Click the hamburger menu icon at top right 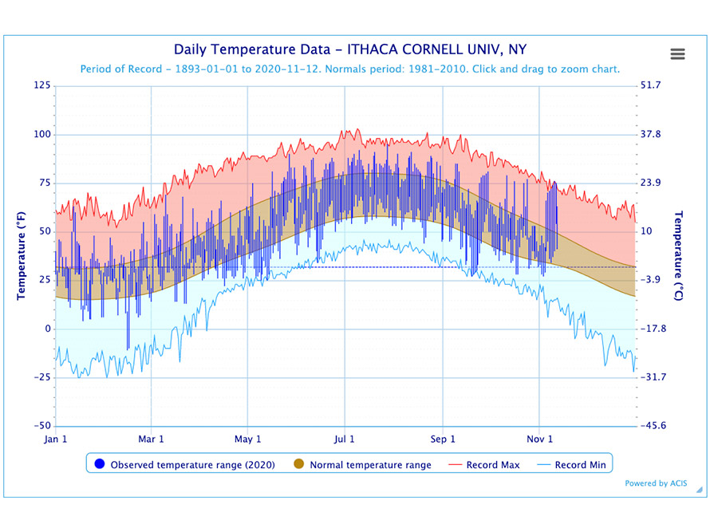[x=677, y=53]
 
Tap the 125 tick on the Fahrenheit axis [x=41, y=85]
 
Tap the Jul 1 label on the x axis [x=345, y=439]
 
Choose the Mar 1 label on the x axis [x=151, y=439]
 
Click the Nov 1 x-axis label [x=540, y=439]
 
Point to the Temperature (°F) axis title [x=22, y=256]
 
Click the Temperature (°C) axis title [x=680, y=256]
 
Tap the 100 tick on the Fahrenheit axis [x=41, y=134]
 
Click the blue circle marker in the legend [x=100, y=464]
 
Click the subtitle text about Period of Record [x=350, y=69]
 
